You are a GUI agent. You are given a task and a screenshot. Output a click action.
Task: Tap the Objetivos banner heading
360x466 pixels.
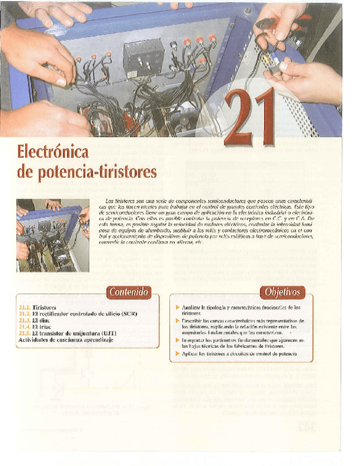[x=283, y=292]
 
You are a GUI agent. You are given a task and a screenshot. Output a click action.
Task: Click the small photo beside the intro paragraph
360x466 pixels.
[x=53, y=235]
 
